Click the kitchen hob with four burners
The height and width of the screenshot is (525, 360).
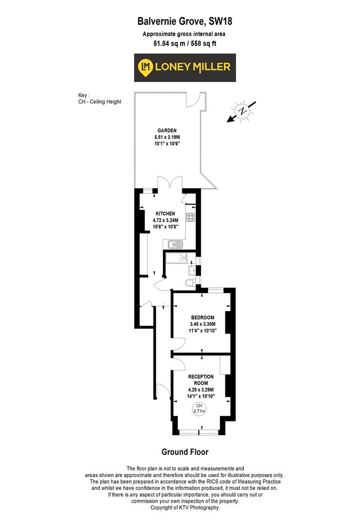point(191,218)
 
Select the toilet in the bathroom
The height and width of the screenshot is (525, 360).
point(190,282)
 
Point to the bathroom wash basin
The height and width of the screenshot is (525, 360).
point(192,270)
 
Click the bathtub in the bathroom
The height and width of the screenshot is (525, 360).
point(176,258)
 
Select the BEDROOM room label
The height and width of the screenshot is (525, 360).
point(203,318)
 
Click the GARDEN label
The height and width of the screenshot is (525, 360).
point(166,130)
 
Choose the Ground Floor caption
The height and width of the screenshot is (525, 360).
point(185,452)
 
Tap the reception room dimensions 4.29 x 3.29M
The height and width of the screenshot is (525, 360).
point(201,389)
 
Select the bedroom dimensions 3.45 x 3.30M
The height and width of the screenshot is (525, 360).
point(203,324)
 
